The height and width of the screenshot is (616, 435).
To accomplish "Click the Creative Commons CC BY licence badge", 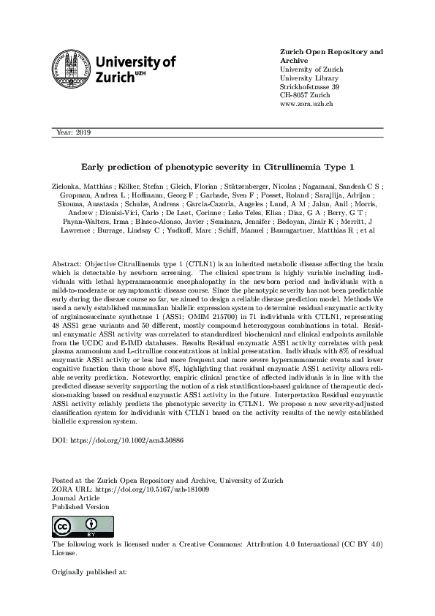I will [73, 527].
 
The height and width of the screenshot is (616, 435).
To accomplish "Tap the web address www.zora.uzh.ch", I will [307, 105].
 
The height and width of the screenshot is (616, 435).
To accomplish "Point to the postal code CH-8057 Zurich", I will [306, 96].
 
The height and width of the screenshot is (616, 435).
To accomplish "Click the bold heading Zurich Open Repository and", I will [332, 52].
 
